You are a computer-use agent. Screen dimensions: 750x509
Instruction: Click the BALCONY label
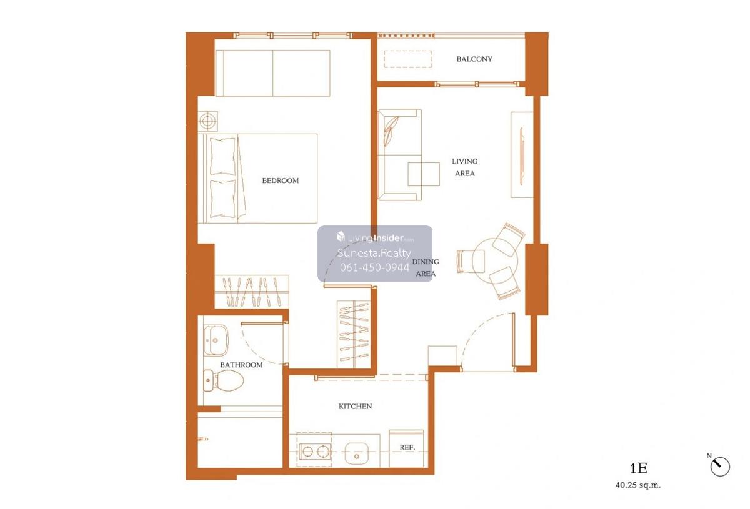click(x=474, y=59)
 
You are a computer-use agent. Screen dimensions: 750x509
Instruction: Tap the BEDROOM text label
click(x=280, y=180)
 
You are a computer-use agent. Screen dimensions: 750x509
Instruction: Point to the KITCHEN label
click(x=355, y=406)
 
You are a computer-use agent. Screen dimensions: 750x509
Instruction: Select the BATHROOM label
click(x=241, y=365)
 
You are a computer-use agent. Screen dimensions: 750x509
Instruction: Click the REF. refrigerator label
click(x=407, y=447)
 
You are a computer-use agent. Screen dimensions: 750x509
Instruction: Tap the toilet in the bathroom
click(x=223, y=380)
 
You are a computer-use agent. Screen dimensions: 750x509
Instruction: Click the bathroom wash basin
click(x=216, y=340)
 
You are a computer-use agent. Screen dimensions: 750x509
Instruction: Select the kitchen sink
click(x=357, y=453)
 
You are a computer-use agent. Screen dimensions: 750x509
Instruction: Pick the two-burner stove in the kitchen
click(x=315, y=452)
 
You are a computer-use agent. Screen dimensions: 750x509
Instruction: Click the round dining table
click(x=495, y=261)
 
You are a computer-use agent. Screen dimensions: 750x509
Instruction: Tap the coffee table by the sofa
click(x=424, y=174)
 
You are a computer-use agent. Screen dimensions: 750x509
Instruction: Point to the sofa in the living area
click(x=399, y=155)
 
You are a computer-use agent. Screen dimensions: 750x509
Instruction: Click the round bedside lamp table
click(x=207, y=121)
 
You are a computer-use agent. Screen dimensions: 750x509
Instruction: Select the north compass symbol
click(x=720, y=466)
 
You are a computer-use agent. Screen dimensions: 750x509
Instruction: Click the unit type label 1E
click(x=638, y=468)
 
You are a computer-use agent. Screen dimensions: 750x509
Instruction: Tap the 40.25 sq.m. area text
click(x=638, y=485)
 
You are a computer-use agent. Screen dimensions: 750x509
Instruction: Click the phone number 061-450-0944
click(x=374, y=267)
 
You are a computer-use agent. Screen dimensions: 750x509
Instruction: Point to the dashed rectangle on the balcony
click(x=407, y=59)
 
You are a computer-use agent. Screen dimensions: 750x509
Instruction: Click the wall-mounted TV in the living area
click(x=521, y=156)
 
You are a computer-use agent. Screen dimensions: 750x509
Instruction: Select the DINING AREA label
click(x=425, y=268)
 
